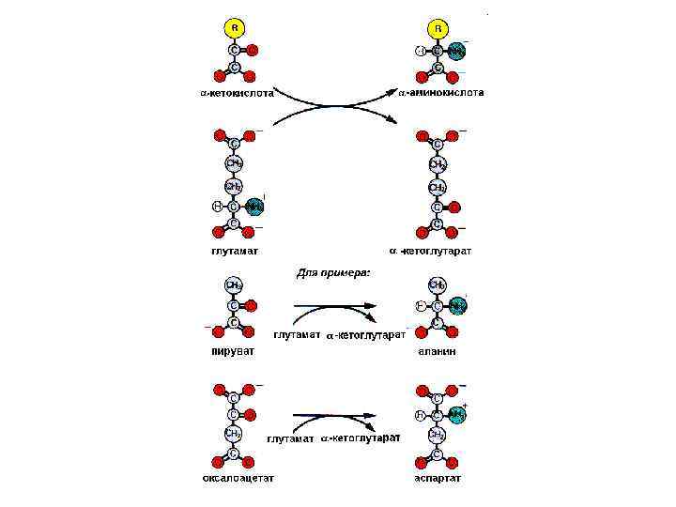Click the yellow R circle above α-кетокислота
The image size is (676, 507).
pyautogui.click(x=234, y=28)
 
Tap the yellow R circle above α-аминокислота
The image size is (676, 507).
pyautogui.click(x=438, y=28)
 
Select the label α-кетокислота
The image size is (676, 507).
pyautogui.click(x=237, y=93)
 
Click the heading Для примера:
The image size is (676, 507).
pyautogui.click(x=334, y=272)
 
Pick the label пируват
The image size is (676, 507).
pyautogui.click(x=232, y=350)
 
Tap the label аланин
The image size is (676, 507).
pyautogui.click(x=438, y=350)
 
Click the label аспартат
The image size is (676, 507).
pyautogui.click(x=438, y=478)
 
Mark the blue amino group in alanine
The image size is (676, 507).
pyautogui.click(x=457, y=305)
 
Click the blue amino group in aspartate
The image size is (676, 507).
pyautogui.click(x=457, y=414)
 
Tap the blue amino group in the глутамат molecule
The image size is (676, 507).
pyautogui.click(x=254, y=206)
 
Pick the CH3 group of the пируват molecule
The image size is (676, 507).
pyautogui.click(x=234, y=284)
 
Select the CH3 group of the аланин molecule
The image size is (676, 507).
pyautogui.click(x=438, y=284)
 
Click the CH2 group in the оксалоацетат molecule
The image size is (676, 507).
pyautogui.click(x=234, y=434)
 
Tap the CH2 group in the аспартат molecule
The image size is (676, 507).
pyautogui.click(x=438, y=435)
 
